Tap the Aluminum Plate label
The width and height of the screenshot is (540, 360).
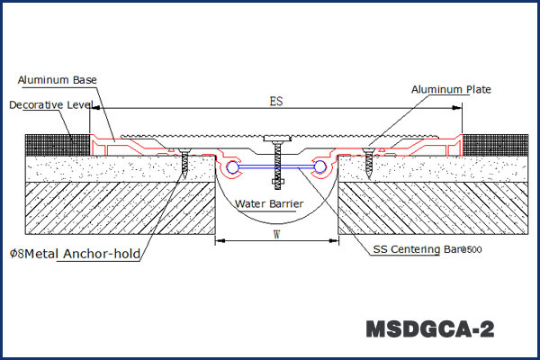coord(450,89)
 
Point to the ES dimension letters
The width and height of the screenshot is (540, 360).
coord(275,102)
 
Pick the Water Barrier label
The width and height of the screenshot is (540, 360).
coord(269,204)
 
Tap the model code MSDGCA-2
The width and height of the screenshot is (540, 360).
coord(429,328)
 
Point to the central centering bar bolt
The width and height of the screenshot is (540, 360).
coord(277,162)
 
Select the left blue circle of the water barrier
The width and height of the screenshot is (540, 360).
coord(233,167)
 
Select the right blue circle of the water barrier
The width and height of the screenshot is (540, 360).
coord(319,167)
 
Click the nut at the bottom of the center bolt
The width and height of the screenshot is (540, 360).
coord(277,183)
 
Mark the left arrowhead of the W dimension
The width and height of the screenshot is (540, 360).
coord(219,240)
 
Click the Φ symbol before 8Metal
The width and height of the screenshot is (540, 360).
coord(13,254)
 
